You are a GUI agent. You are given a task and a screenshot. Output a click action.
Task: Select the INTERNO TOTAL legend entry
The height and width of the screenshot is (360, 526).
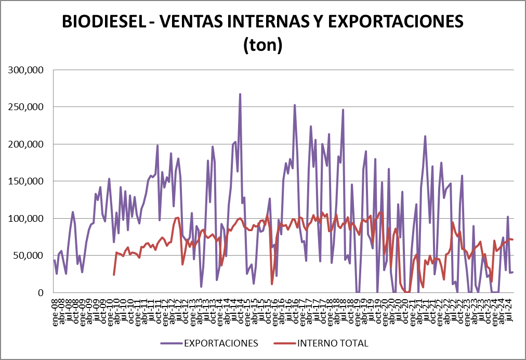tap(333, 343)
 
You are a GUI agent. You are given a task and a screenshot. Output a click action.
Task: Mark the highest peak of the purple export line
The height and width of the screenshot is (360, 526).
tap(240, 95)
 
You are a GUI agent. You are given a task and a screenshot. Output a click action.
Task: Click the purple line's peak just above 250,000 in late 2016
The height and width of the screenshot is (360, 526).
tap(295, 105)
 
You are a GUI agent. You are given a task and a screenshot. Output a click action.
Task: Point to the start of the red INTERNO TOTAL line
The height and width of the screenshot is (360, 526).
tap(114, 274)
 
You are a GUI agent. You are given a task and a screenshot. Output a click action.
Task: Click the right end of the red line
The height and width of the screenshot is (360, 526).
tap(513, 239)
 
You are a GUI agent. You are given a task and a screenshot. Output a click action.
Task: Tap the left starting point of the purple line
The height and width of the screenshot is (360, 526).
tap(55, 260)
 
